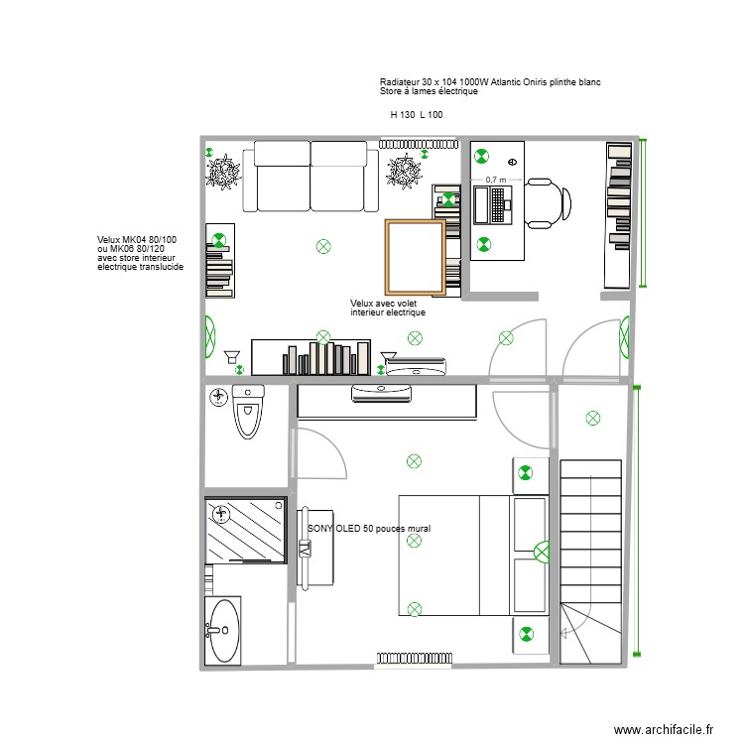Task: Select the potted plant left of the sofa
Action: click(224, 173)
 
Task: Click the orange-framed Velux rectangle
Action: click(415, 255)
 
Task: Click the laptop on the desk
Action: click(493, 203)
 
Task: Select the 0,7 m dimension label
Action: click(495, 181)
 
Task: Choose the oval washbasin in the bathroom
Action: click(223, 630)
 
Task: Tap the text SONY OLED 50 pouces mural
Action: click(369, 530)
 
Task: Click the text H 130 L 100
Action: click(417, 115)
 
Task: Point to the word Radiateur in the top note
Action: click(400, 81)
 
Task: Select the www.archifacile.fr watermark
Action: click(664, 729)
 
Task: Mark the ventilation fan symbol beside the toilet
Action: click(218, 398)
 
